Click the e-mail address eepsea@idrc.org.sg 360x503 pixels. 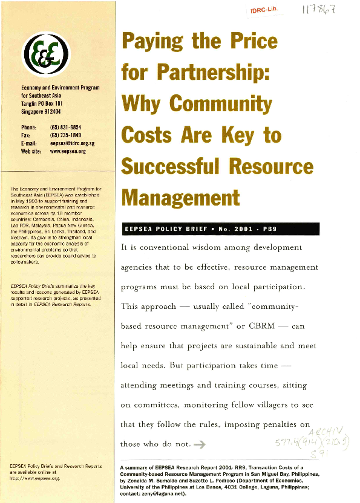click(x=74, y=143)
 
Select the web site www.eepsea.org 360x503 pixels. click(x=68, y=151)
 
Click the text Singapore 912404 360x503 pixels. click(x=45, y=111)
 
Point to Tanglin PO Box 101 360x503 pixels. click(x=46, y=103)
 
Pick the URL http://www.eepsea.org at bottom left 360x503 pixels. click(x=32, y=478)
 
